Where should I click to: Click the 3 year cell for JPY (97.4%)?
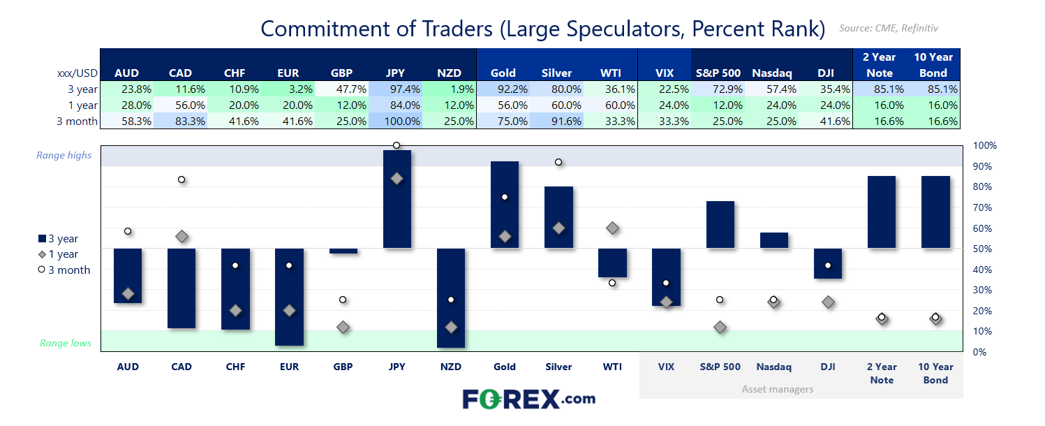[x=397, y=89]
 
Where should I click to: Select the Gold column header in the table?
[x=503, y=73]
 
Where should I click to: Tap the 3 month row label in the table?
[x=77, y=121]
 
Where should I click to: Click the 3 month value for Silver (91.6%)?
[x=558, y=121]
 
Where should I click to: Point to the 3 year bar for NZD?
[x=451, y=298]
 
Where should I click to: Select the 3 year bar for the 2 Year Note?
[x=882, y=212]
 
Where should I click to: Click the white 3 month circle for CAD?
[x=181, y=179]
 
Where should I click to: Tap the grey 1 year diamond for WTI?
[x=612, y=228]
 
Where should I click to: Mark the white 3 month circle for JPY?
[x=396, y=145]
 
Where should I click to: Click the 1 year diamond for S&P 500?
[x=720, y=328]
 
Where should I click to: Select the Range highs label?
[x=64, y=155]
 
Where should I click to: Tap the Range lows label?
[x=66, y=343]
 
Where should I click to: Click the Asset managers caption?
[x=777, y=389]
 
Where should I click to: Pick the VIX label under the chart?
[x=666, y=367]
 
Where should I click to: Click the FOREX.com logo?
[x=528, y=399]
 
